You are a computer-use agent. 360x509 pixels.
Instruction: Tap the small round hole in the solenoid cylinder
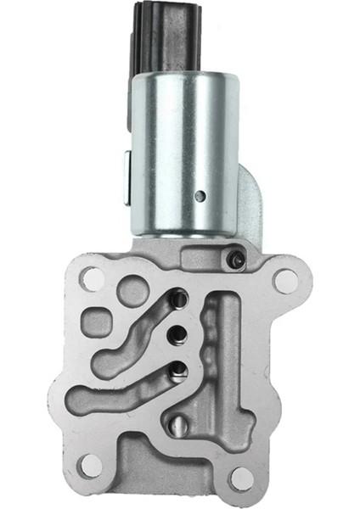(x=200, y=196)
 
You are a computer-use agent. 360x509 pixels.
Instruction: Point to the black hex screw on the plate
(x=239, y=259)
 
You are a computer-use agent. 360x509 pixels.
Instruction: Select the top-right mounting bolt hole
(x=286, y=280)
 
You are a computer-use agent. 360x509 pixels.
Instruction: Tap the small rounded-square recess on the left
(x=98, y=327)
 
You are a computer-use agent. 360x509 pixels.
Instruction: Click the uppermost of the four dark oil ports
(x=179, y=299)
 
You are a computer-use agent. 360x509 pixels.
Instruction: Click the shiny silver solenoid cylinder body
(x=183, y=153)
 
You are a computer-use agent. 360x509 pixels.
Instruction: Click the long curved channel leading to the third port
(x=119, y=394)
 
